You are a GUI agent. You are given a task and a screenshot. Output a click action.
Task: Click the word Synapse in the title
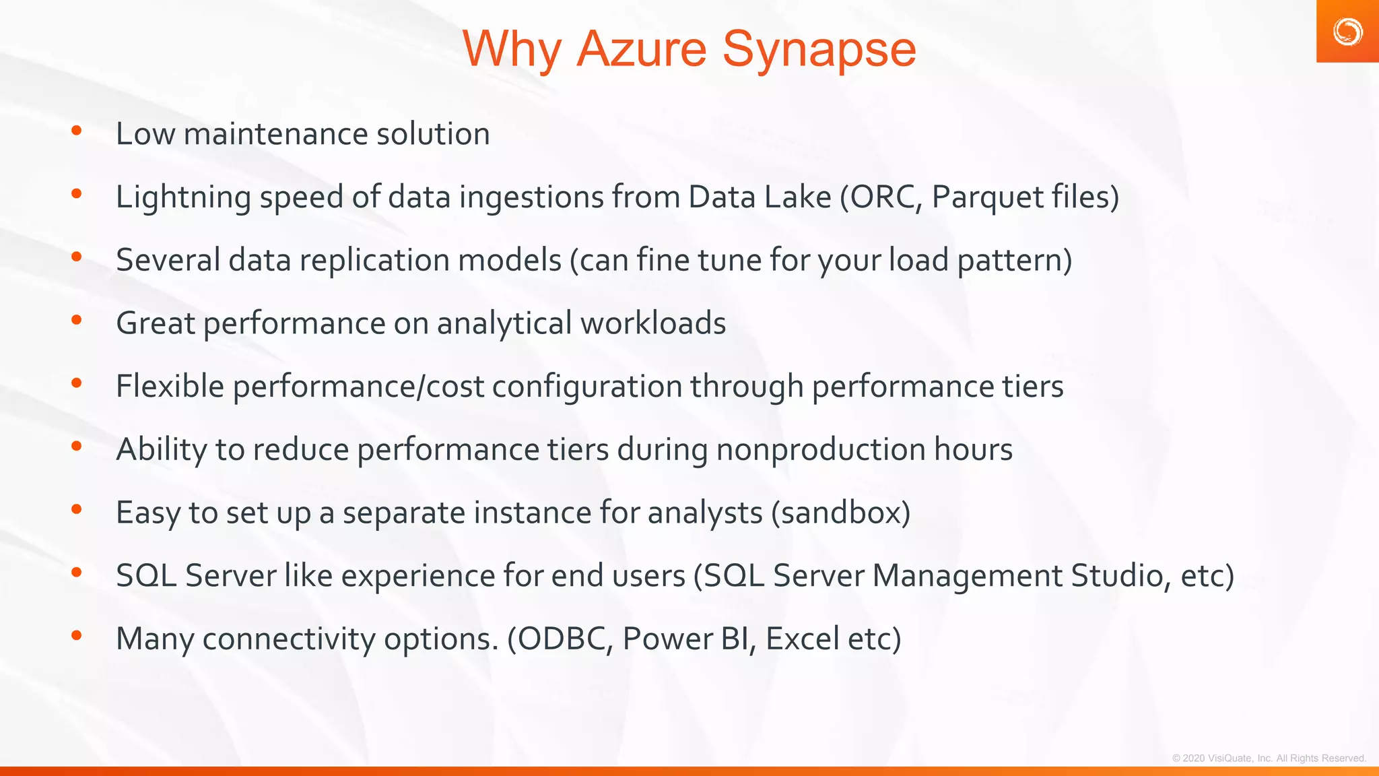pos(819,50)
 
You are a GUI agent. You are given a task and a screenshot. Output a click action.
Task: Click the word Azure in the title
pos(642,50)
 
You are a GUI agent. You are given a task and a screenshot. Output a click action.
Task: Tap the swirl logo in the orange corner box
pos(1347,32)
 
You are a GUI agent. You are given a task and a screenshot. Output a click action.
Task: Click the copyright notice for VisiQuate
pos(1269,758)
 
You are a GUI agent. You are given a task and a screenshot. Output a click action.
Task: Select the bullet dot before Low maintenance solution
pos(77,131)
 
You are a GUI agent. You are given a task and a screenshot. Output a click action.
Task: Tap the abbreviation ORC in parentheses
pos(885,197)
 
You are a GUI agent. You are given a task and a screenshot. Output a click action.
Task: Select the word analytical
pos(504,323)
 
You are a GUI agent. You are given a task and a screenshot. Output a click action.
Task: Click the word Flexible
pos(170,387)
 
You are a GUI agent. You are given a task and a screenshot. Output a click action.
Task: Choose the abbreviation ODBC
pos(562,639)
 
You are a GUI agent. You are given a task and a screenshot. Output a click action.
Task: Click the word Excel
pos(802,639)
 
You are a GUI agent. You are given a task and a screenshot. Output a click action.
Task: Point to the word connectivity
pos(289,639)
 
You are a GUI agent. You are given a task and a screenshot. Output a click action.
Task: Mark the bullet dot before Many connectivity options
pos(77,635)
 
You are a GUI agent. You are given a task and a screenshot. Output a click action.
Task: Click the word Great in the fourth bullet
pos(155,323)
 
